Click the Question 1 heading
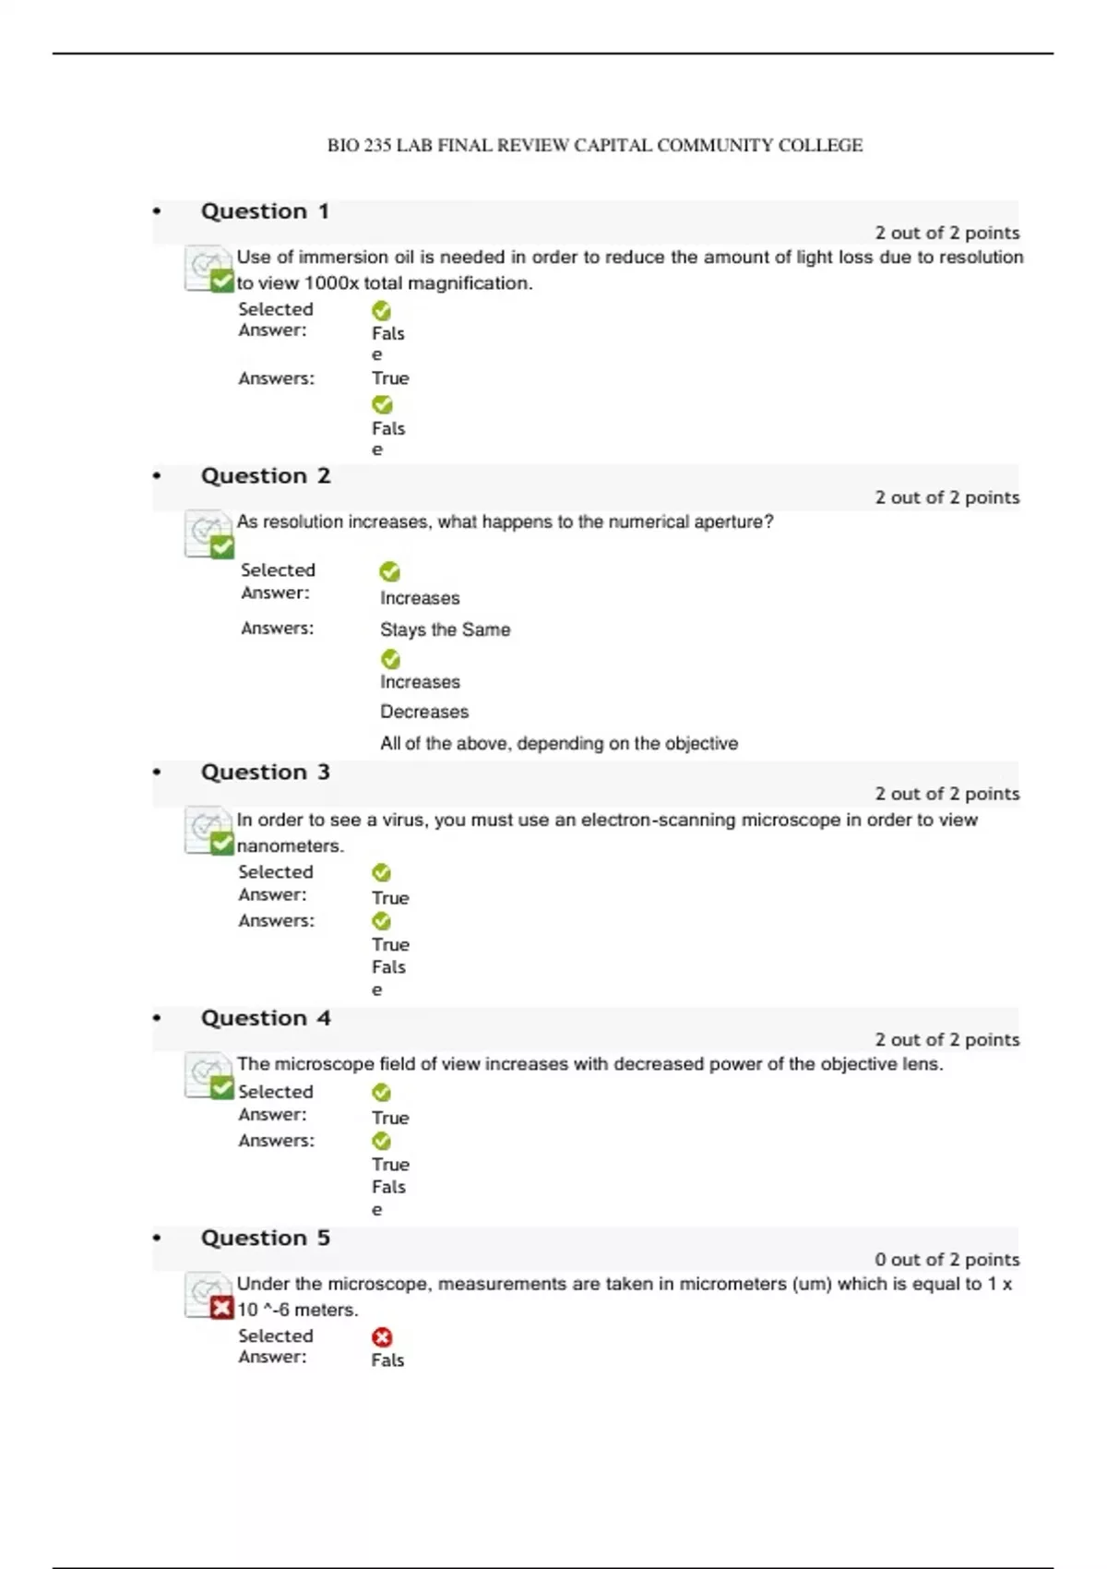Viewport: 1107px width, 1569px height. click(x=265, y=211)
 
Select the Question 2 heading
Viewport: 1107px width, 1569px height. click(x=265, y=476)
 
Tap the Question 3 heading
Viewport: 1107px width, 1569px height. click(x=265, y=773)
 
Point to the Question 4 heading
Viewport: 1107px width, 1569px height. click(x=265, y=1018)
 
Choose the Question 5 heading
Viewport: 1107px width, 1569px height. click(x=265, y=1238)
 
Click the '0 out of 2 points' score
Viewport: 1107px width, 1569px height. click(x=946, y=1260)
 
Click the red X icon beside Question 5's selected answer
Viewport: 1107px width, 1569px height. click(x=382, y=1337)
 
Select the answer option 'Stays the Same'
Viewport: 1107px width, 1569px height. click(x=445, y=629)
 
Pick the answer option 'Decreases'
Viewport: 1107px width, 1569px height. click(x=424, y=712)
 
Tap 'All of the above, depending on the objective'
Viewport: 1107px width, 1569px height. click(x=558, y=744)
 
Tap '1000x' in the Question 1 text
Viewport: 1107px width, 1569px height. click(x=331, y=283)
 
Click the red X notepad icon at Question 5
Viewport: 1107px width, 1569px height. click(x=209, y=1297)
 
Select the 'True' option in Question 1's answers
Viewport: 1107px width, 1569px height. click(x=390, y=378)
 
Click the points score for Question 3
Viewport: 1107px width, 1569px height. click(x=946, y=794)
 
